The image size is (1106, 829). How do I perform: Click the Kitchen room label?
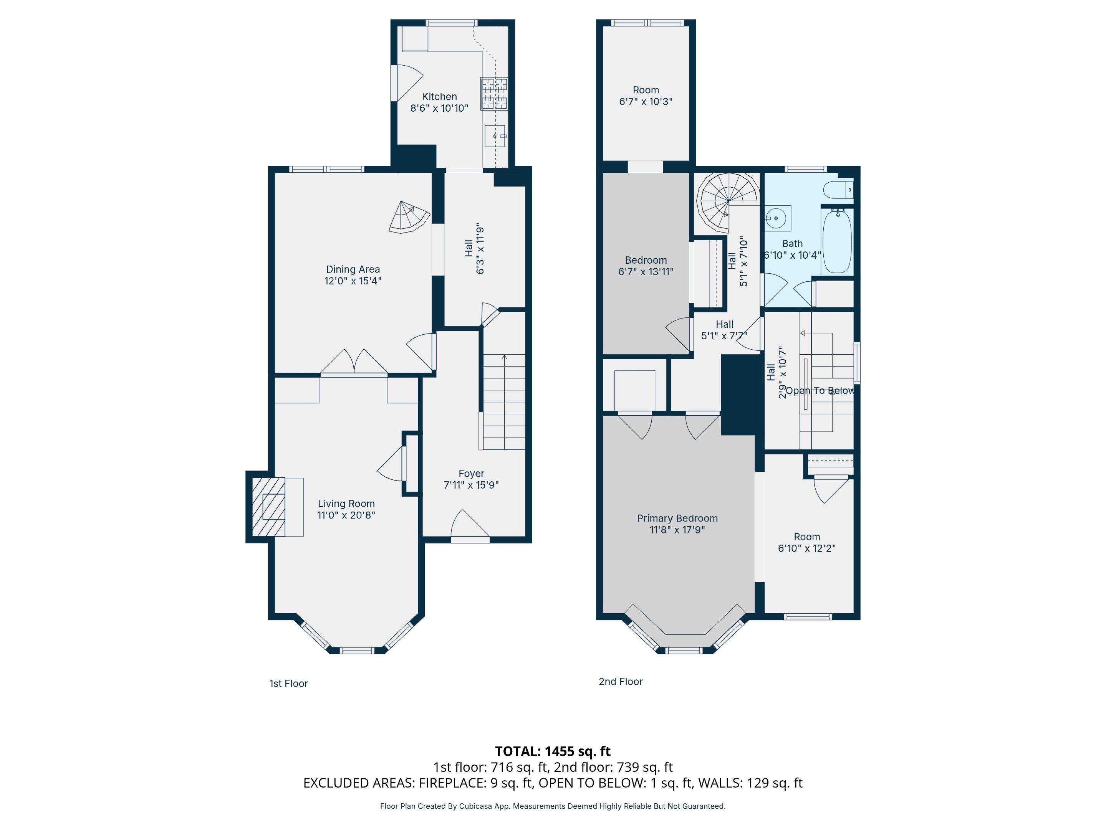439,96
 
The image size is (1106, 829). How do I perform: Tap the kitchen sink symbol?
495,136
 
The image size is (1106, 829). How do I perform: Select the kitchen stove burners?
494,93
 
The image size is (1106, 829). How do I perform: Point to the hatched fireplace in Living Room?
268,507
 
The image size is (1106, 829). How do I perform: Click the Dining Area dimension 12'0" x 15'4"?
353,281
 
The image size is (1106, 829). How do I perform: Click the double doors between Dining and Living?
354,362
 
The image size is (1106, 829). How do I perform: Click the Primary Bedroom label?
677,518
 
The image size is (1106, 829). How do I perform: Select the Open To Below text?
820,391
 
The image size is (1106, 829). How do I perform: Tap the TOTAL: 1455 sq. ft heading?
553,751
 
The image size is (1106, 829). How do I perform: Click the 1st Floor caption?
288,684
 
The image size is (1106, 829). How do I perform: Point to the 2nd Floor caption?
621,682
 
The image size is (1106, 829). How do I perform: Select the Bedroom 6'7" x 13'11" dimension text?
646,272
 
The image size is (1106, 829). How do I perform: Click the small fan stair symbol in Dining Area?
407,217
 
